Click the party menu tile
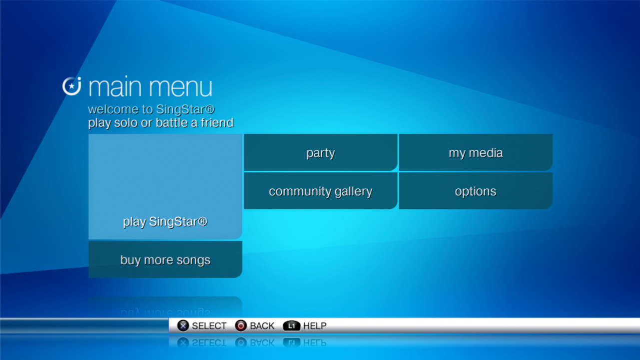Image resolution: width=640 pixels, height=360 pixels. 320,152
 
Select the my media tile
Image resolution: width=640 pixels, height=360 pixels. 476,152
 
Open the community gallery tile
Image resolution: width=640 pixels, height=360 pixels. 320,191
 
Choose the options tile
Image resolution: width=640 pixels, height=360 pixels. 476,191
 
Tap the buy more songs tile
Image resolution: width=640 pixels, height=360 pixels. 165,259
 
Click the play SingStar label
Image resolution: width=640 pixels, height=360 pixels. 165,222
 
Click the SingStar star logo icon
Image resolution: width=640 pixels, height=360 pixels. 72,86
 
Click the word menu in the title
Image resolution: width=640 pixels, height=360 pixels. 180,88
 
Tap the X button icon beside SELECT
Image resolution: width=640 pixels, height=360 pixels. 183,326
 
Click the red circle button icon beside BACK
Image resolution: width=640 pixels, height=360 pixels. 241,326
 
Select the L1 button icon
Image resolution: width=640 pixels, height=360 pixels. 291,326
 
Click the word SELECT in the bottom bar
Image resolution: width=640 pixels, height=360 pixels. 209,326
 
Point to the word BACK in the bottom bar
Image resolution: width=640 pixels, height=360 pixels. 262,326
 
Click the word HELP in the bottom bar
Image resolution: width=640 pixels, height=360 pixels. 315,326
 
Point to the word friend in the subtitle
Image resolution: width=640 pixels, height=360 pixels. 217,123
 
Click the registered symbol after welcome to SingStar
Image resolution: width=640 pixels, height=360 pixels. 210,109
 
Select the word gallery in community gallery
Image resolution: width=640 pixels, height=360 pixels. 353,192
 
